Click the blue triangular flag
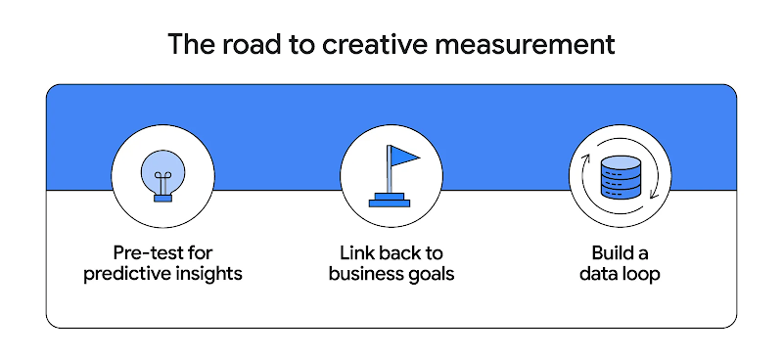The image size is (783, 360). point(403,157)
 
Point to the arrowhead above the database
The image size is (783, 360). point(588,156)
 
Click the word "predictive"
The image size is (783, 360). point(126,273)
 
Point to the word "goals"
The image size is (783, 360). point(432,273)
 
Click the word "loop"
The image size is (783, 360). point(640,273)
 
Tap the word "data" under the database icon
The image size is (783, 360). point(598,273)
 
